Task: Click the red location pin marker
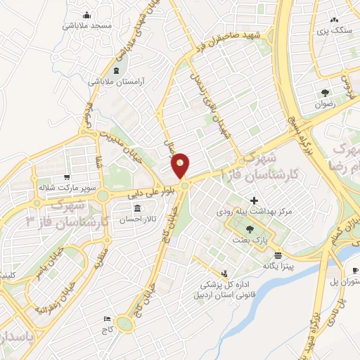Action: click(x=181, y=165)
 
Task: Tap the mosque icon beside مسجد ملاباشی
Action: click(x=86, y=15)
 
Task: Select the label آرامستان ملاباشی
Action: click(x=116, y=82)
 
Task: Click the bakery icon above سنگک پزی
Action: click(x=335, y=20)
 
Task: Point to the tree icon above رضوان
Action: click(x=324, y=93)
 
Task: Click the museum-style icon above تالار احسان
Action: click(x=136, y=210)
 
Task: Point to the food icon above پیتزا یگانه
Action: click(x=278, y=255)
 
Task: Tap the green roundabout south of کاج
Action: click(x=125, y=323)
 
